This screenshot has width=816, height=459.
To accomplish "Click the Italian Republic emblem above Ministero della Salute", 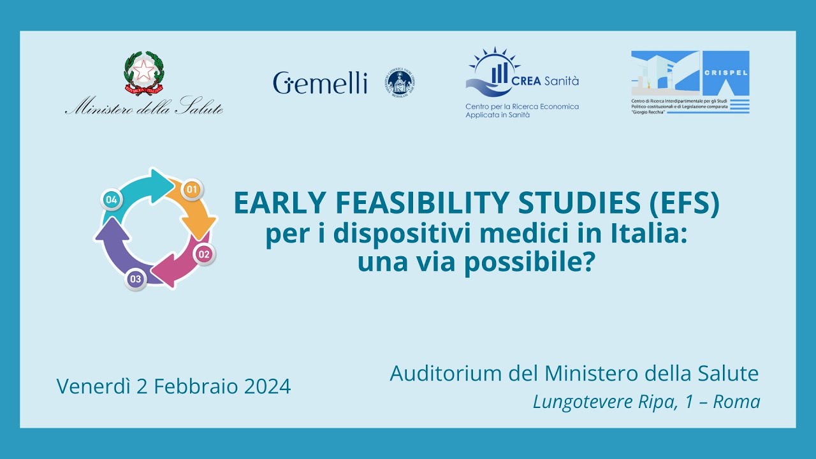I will pos(143,73).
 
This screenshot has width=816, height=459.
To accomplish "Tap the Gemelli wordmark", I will pos(320,83).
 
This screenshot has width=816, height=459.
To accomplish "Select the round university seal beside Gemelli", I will pos(400,83).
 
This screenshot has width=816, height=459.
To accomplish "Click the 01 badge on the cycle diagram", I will pos(192,189).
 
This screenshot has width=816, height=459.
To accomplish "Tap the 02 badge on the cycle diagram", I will pos(204,254).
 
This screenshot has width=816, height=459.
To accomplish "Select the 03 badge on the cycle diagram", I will pos(135,279).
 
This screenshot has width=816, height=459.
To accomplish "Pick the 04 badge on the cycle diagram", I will pos(112,200).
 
